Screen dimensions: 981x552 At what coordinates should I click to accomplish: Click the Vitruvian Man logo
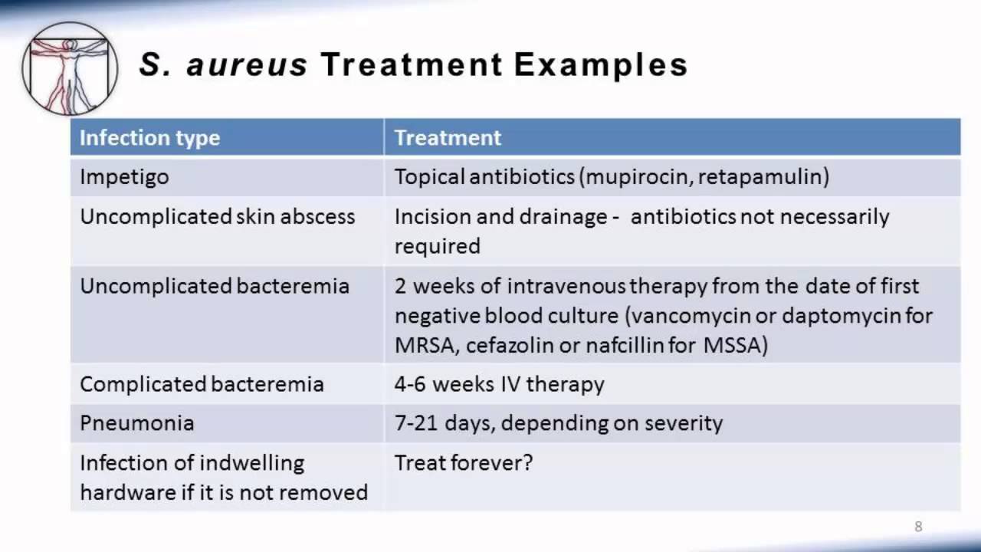(70, 69)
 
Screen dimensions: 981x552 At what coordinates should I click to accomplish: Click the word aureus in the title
(247, 65)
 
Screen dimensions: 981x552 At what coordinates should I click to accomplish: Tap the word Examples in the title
(601, 66)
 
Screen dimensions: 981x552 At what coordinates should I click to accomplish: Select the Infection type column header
(149, 137)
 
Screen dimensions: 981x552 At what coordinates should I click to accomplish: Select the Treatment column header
(448, 137)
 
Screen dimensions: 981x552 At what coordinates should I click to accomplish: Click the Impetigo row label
(124, 177)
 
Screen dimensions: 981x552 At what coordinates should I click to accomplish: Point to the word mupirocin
(637, 177)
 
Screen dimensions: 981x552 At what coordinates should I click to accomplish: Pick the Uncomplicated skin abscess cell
(217, 216)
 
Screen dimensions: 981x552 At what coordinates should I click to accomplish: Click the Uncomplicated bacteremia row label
(215, 286)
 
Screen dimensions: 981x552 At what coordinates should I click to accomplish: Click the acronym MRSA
(425, 345)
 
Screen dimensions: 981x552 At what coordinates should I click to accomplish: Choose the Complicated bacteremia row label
(202, 384)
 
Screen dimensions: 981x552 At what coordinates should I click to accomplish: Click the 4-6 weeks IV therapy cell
(499, 384)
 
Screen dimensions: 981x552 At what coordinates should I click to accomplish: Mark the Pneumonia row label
(136, 423)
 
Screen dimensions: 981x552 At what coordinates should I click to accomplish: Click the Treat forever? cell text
(464, 462)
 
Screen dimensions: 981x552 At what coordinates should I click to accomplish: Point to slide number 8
(918, 527)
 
